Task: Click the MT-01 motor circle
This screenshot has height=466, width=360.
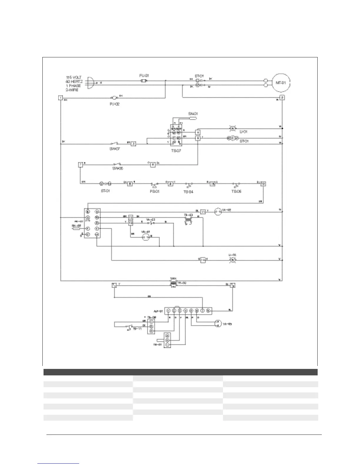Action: point(281,83)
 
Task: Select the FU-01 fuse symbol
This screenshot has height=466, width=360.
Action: point(144,81)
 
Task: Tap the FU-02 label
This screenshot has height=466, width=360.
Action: point(114,104)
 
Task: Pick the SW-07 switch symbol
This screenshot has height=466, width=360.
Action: point(115,144)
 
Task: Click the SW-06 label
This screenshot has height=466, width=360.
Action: point(117,169)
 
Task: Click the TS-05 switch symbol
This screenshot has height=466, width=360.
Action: point(236,185)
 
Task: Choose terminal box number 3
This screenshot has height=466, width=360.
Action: point(134,144)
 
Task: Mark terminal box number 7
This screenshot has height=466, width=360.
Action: point(80,165)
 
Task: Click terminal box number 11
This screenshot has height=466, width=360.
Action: point(203,212)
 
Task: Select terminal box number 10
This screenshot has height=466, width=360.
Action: point(263,184)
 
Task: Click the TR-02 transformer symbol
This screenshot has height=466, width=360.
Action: point(174,282)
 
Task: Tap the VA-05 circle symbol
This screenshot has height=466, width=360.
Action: point(217,323)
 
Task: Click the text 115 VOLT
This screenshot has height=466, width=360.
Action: point(74,77)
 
